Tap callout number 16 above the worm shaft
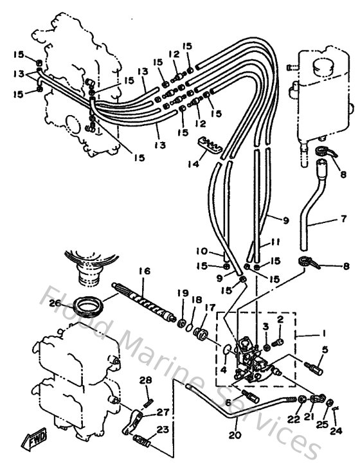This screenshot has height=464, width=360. click(143, 272)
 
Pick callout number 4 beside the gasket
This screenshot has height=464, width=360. click(224, 370)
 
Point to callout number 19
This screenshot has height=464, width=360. click(183, 292)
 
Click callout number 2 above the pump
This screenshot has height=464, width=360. click(280, 319)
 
